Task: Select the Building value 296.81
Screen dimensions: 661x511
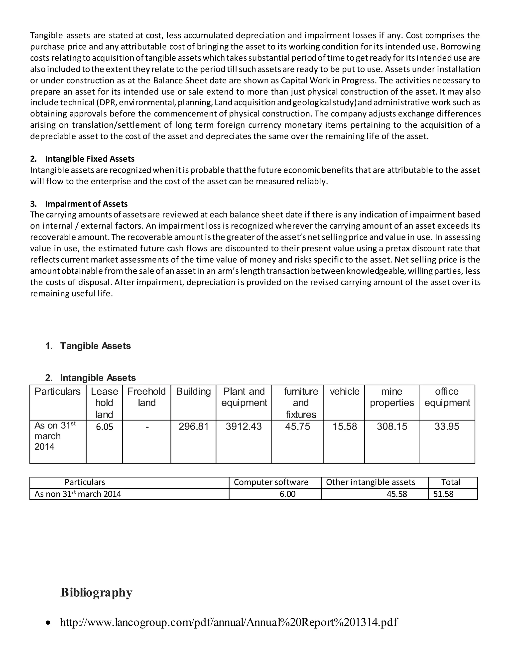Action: coord(193,427)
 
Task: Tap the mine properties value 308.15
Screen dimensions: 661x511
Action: coord(392,427)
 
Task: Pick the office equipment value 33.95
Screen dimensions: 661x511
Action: coord(447,427)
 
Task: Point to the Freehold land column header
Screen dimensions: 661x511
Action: coord(146,397)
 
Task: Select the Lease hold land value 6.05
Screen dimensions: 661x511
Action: coord(105,427)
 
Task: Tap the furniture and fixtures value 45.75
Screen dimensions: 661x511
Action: coord(298,427)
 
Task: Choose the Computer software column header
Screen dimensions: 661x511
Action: coord(271,482)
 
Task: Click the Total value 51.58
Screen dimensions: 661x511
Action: coord(443,494)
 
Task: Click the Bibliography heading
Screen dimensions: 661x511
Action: coord(96,592)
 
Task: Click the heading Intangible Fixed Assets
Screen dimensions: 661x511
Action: coord(90,159)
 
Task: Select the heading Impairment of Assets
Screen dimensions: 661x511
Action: coord(86,204)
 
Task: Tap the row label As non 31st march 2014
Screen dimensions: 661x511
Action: coord(78,494)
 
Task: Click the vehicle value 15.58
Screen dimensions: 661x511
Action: coord(345,427)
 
